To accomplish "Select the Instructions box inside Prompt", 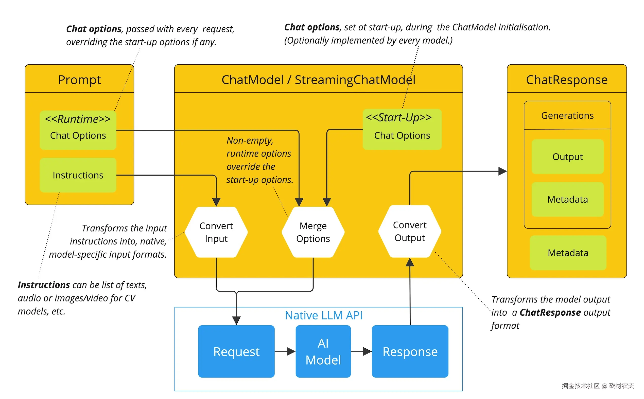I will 78,175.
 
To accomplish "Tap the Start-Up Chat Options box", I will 402,129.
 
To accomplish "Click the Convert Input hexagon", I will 216,232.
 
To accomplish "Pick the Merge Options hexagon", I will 313,232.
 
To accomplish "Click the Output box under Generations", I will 567,157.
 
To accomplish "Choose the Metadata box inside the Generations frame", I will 567,199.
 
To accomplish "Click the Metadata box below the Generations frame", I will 568,253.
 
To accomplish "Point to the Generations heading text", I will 567,116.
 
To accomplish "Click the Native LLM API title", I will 324,315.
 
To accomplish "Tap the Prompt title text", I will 79,80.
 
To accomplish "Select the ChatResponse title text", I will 567,80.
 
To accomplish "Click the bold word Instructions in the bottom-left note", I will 44,285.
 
